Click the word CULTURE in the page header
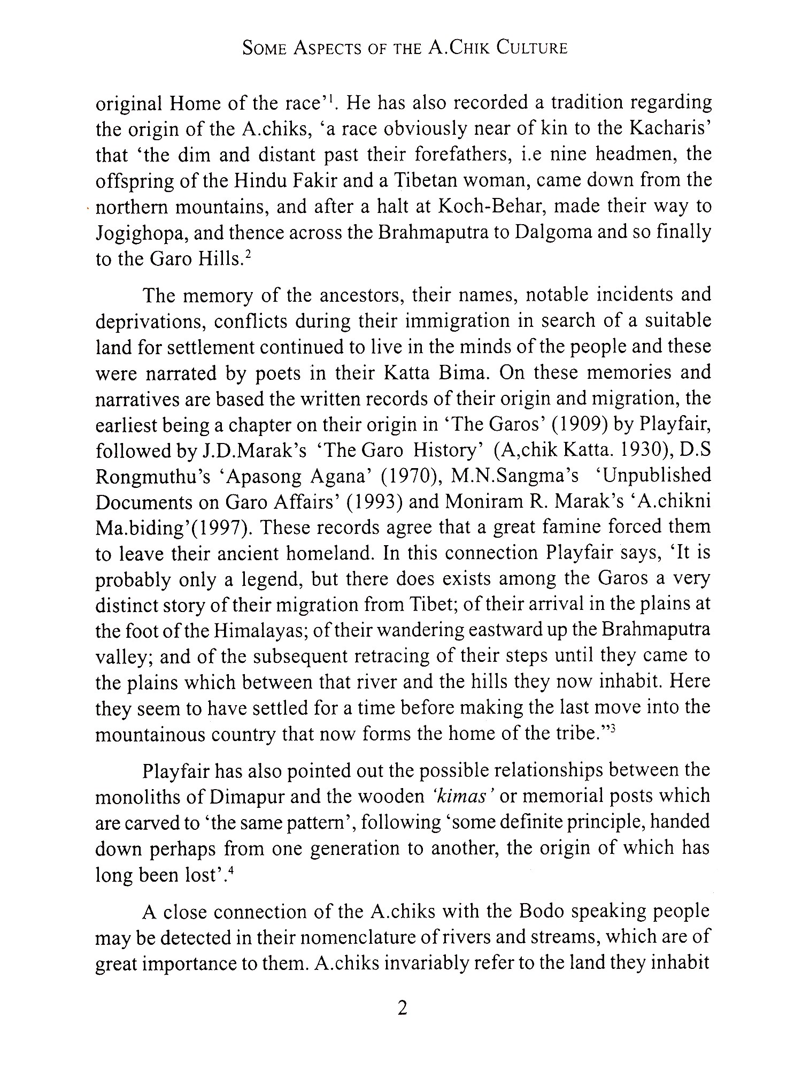tap(531, 48)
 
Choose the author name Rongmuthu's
tap(153, 476)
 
